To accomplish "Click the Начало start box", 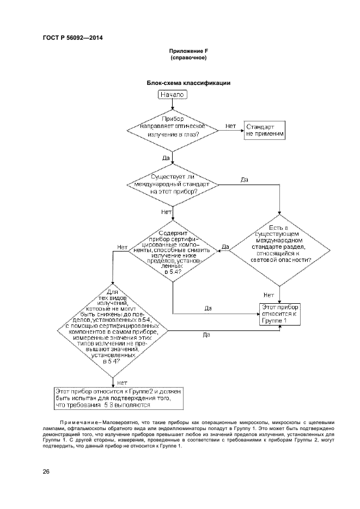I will (x=173, y=94).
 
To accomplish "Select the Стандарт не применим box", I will (x=265, y=130).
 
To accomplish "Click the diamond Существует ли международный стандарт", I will (x=173, y=185).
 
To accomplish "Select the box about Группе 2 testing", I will (x=120, y=398).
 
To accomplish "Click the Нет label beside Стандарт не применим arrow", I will (x=230, y=126).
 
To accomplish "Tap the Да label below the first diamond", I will (x=166, y=157).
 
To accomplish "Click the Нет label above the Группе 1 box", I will (x=269, y=295).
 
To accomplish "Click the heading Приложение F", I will (x=189, y=51).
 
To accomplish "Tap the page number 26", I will (x=46, y=471).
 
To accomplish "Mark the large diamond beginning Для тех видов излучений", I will (x=112, y=330).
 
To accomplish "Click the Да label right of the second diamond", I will (x=245, y=179).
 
